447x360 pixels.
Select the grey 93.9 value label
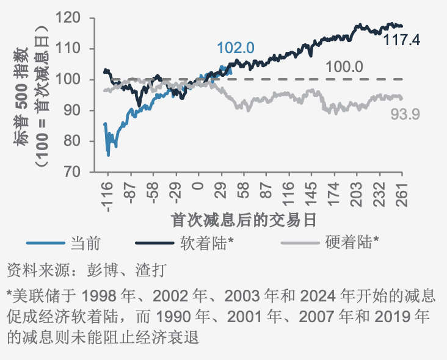[x=405, y=113]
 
